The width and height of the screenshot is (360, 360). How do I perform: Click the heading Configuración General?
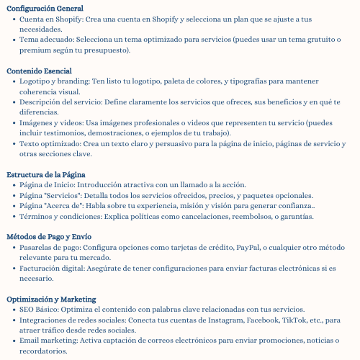pyautogui.click(x=45, y=7)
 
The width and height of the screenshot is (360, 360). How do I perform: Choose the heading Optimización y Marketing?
pyautogui.click(x=51, y=299)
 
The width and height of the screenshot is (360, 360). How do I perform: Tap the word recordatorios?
pyautogui.click(x=44, y=351)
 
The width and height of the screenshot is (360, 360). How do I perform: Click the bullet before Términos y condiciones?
pyautogui.click(x=13, y=216)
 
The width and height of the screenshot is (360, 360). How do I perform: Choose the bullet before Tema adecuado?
pyautogui.click(x=13, y=40)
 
